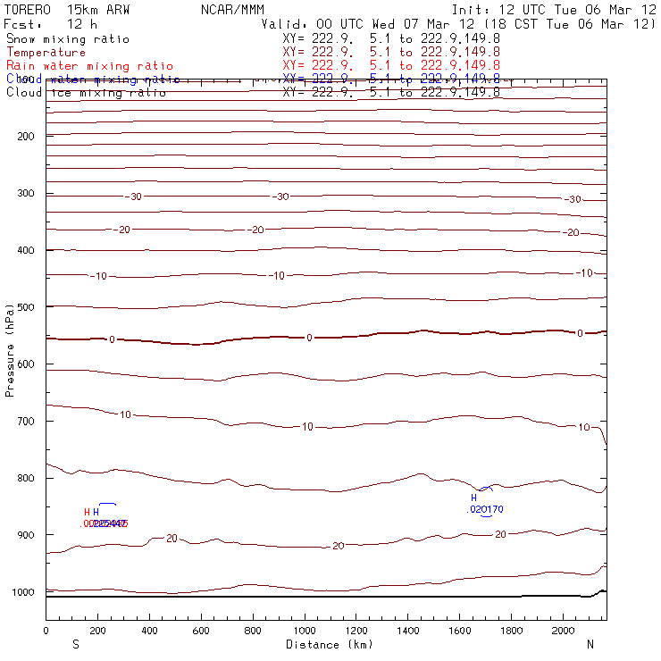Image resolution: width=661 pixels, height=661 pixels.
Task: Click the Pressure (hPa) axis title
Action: (x=10, y=348)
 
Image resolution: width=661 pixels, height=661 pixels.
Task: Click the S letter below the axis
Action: (x=76, y=644)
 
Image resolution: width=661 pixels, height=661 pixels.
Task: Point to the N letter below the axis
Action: (x=590, y=644)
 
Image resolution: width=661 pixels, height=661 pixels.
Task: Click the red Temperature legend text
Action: (x=46, y=53)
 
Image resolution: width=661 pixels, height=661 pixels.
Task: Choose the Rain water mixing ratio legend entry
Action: (x=89, y=66)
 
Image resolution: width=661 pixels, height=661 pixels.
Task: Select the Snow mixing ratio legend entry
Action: (x=68, y=39)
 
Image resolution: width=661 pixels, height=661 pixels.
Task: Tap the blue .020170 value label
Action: (x=486, y=510)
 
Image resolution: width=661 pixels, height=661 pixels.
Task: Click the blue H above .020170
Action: (x=474, y=498)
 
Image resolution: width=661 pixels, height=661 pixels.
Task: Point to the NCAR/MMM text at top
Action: (x=230, y=10)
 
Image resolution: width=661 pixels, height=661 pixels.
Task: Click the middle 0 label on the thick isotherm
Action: (x=309, y=338)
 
